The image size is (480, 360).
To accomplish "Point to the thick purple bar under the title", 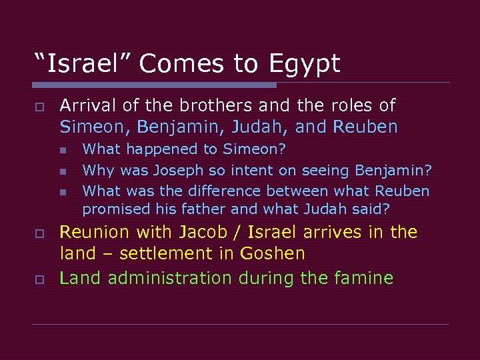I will [x=154, y=85].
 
